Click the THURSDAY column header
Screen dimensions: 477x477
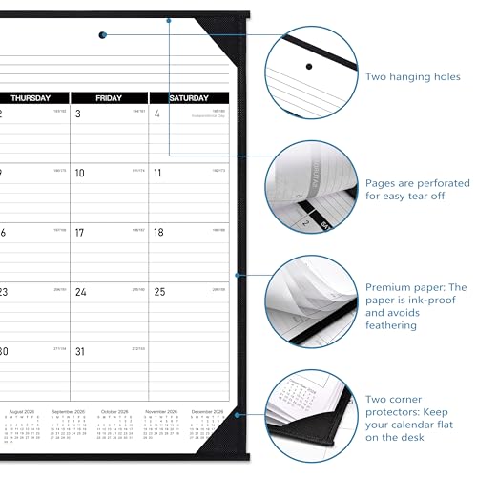click(33, 97)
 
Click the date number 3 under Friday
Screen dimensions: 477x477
click(78, 114)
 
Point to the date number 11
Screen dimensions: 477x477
click(158, 174)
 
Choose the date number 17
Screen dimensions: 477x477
click(80, 232)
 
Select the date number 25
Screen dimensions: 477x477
click(159, 292)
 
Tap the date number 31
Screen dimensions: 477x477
click(81, 351)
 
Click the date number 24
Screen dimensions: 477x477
click(81, 292)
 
